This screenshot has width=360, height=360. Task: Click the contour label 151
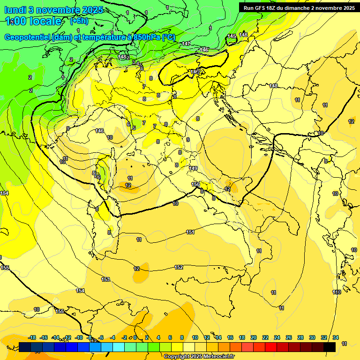point(190,232)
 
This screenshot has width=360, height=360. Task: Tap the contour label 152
point(179,267)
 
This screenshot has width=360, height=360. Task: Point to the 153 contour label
point(105,279)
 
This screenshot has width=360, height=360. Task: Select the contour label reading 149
point(194,168)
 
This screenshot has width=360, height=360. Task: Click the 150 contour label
point(195,184)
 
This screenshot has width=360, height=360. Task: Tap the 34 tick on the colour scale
point(336,337)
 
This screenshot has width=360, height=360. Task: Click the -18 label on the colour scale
point(32,337)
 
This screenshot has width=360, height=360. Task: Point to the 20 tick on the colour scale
point(254,337)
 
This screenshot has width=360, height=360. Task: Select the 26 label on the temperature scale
point(289,337)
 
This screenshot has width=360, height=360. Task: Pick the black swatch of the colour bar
point(330,347)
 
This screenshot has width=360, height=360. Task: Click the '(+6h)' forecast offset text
point(79,21)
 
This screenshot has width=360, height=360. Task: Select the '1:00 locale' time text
point(33,21)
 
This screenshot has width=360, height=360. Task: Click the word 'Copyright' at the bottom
point(177,357)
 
